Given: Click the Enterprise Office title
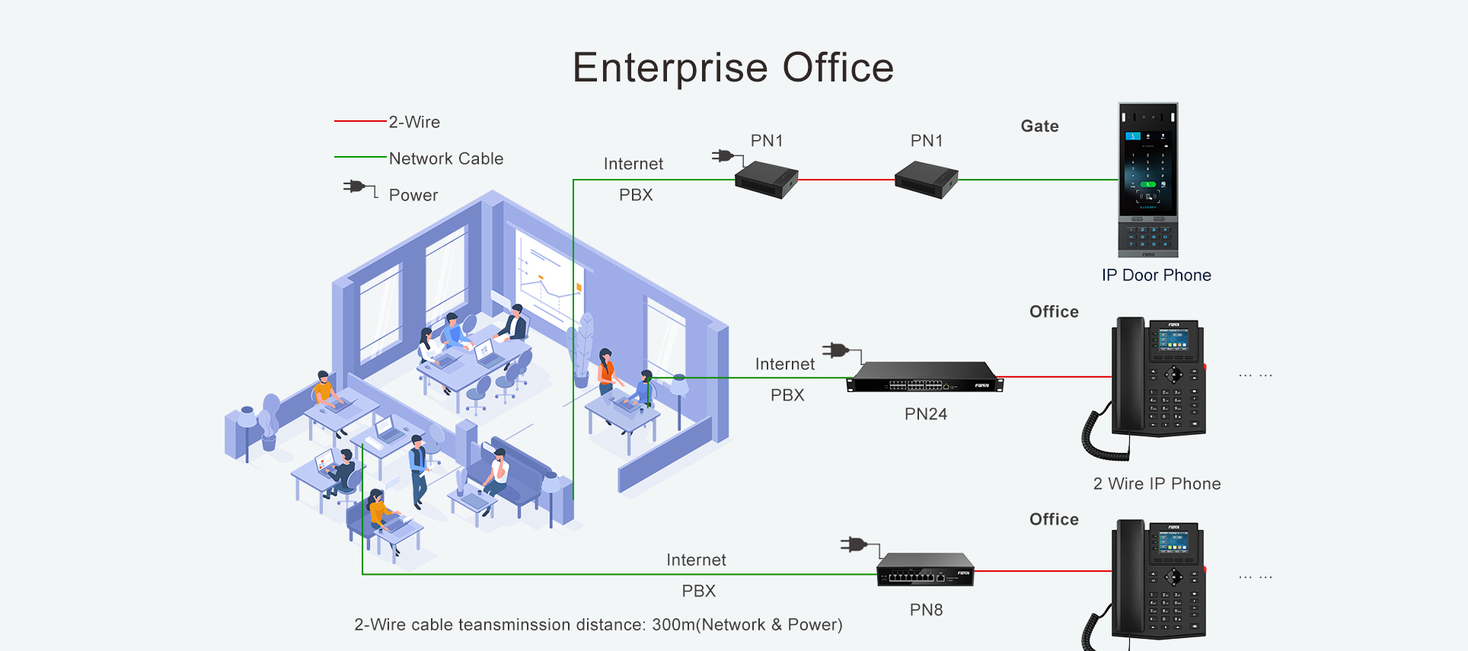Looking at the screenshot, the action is tap(733, 68).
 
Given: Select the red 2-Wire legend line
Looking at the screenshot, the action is tap(360, 121).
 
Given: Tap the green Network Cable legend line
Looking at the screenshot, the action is tap(360, 158).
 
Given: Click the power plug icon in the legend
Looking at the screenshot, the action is tap(360, 188).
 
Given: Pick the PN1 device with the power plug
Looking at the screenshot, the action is tap(766, 180).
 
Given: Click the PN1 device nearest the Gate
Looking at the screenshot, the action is tap(926, 180).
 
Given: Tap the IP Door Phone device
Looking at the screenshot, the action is tap(1148, 180).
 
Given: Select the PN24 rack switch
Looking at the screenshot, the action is tap(925, 377).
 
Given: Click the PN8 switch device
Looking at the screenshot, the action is tap(925, 570).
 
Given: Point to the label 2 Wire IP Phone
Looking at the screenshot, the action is tap(1157, 483).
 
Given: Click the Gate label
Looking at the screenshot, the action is tap(1039, 126).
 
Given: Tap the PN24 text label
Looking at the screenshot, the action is tap(925, 414).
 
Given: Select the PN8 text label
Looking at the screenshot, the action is tap(926, 610).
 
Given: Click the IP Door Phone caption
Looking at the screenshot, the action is tap(1156, 275).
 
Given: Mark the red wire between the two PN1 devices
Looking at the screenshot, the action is tap(846, 180).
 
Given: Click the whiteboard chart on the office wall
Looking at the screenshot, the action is tap(550, 275).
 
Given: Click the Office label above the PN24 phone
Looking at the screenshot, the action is tap(1054, 312).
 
